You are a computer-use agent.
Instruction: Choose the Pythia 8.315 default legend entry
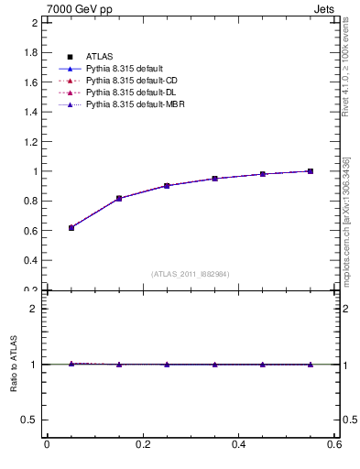(124, 69)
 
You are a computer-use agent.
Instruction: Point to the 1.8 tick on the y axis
(31, 53)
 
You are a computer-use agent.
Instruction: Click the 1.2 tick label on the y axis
(31, 142)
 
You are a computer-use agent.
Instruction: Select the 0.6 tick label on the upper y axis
(31, 231)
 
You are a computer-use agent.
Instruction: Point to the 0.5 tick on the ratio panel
(31, 420)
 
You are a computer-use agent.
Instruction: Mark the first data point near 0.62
(71, 227)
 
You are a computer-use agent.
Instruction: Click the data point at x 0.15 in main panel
(119, 198)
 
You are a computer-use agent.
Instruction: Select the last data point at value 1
(311, 170)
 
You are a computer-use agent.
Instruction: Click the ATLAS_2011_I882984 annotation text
(191, 274)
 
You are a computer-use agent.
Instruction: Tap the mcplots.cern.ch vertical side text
(346, 220)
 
